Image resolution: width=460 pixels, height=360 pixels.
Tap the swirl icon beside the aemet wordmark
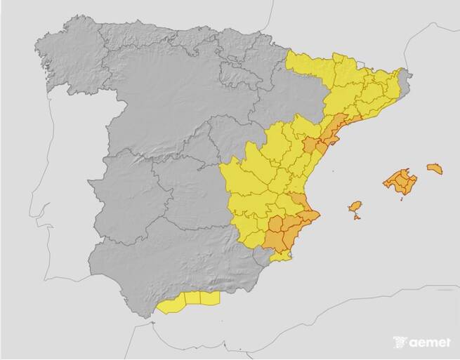pos(400,342)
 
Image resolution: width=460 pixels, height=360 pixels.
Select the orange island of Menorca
pos(435,168)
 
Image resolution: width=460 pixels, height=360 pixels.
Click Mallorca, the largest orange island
pos(400,181)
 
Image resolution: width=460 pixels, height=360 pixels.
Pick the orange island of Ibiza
pos(355,206)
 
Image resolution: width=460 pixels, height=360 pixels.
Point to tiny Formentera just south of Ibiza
pos(357,217)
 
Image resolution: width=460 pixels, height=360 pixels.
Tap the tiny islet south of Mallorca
pos(402,199)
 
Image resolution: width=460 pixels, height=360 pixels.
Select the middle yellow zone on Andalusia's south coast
pos(192,298)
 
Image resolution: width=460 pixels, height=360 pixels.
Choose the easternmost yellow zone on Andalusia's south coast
pos(210,298)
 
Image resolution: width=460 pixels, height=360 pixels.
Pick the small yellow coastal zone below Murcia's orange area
pos(281,256)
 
